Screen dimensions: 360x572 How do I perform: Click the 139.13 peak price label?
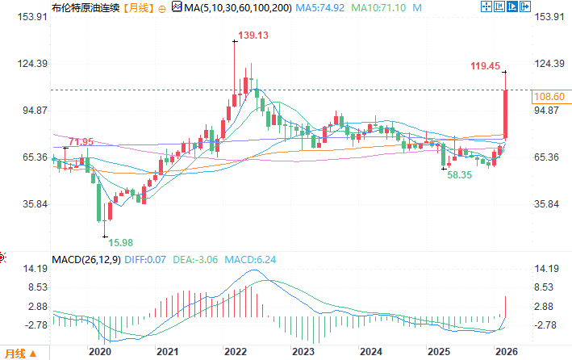coord(253,36)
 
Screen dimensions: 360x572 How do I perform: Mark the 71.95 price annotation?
coord(81,142)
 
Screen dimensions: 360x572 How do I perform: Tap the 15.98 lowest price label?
coord(122,242)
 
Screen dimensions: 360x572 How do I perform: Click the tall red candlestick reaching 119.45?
coord(505,113)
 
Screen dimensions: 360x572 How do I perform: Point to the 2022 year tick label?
coord(235,352)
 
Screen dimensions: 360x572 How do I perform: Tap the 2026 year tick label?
coord(505,352)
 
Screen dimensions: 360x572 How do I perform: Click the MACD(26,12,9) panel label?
coord(86,260)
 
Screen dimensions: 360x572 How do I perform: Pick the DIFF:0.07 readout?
coord(148,260)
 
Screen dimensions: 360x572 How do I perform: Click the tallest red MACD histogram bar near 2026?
coord(505,305)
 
